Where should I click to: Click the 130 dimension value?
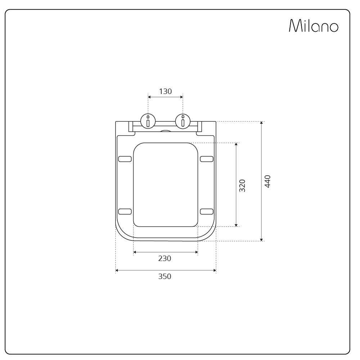pyautogui.click(x=165, y=91)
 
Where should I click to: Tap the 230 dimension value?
pyautogui.click(x=165, y=258)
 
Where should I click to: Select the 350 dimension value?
pyautogui.click(x=165, y=276)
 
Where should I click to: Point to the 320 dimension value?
pyautogui.click(x=242, y=185)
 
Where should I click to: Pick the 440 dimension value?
pyautogui.click(x=268, y=181)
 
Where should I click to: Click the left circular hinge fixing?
pyautogui.click(x=148, y=121)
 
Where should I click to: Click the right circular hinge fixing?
pyautogui.click(x=183, y=121)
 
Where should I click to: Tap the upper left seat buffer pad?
pyautogui.click(x=125, y=159)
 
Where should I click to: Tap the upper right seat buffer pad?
pyautogui.click(x=207, y=159)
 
